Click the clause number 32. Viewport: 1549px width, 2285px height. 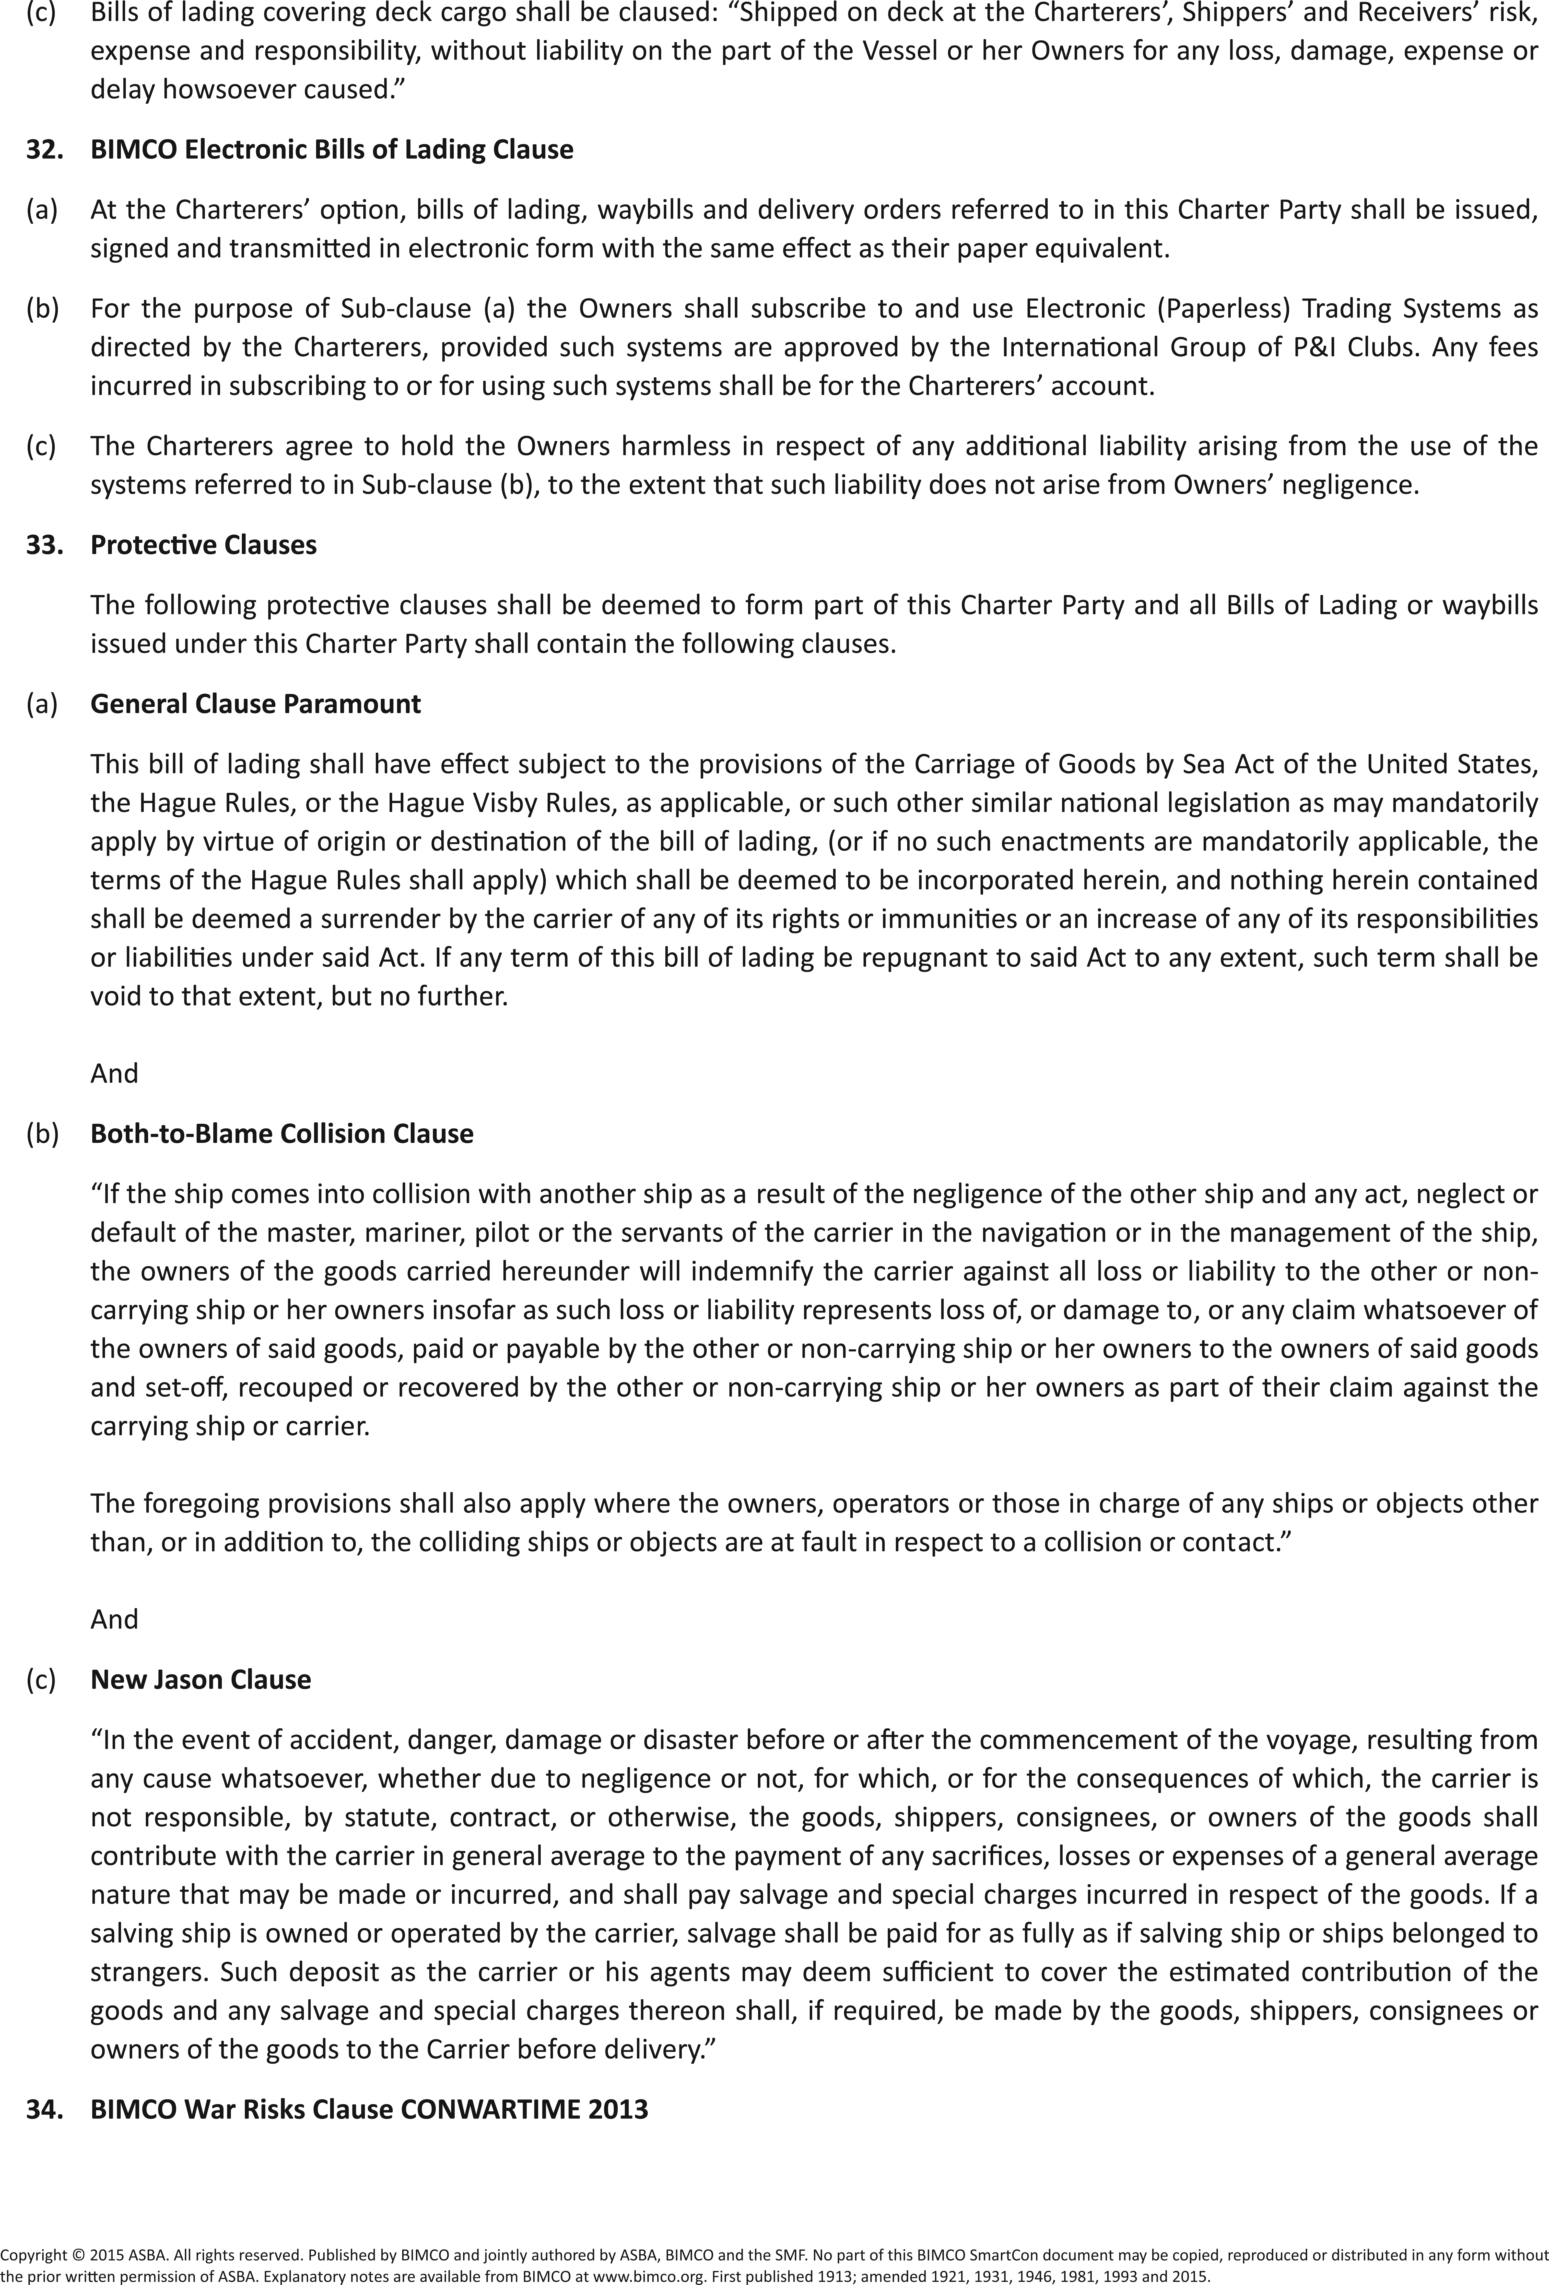(43, 150)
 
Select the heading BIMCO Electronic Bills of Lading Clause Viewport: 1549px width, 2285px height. (331, 150)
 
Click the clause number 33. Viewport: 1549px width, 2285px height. (43, 545)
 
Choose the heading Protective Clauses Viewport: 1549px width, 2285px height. (204, 545)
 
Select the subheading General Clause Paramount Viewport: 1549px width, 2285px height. (256, 704)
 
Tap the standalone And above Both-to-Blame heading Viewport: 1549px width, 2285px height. (114, 1073)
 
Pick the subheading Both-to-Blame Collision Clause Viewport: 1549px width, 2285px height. (281, 1134)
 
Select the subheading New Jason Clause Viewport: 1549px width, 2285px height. (201, 1679)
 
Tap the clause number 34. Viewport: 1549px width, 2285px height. (43, 2109)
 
